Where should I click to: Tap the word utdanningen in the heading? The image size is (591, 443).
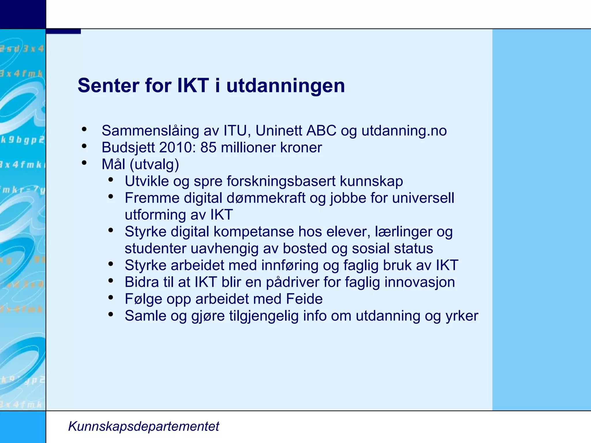(x=285, y=86)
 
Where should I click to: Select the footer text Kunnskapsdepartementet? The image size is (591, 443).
(x=143, y=426)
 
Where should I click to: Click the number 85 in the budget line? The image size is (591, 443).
(x=208, y=148)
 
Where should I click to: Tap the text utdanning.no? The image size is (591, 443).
(x=404, y=131)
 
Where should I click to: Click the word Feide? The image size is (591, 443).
(x=304, y=299)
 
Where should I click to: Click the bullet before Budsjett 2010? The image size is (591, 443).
(x=84, y=146)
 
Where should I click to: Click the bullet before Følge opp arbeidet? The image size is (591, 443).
(x=111, y=297)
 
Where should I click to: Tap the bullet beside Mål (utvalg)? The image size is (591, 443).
(x=84, y=163)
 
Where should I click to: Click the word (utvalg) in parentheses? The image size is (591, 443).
(x=154, y=165)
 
